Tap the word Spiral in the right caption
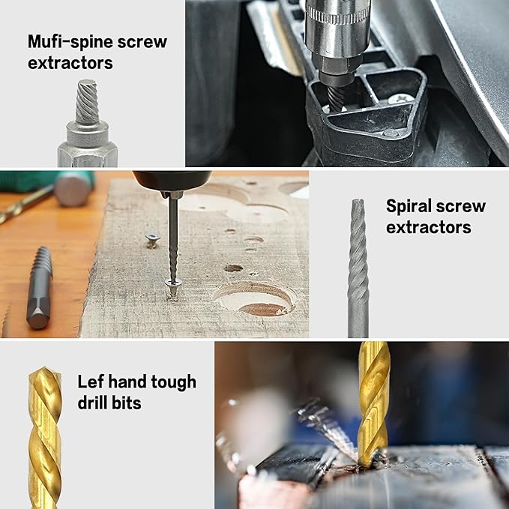408,206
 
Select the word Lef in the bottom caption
91,382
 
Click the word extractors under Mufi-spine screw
70,63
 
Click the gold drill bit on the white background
44,439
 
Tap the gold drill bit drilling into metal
373,401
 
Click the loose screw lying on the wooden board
152,240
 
